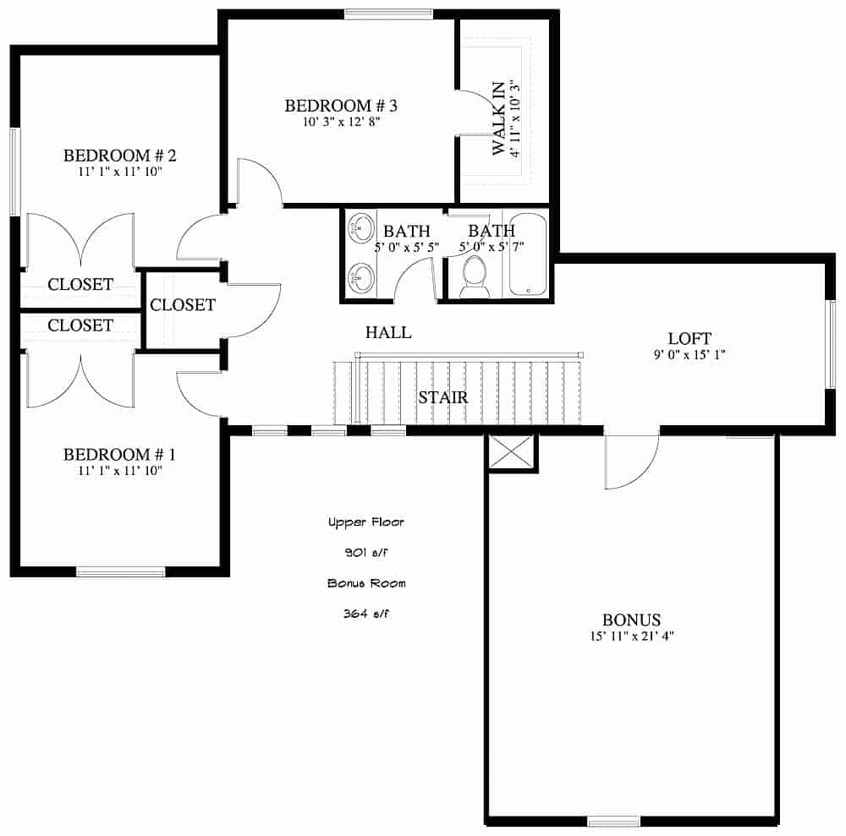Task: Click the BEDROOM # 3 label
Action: (x=341, y=106)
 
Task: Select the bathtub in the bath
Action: (x=529, y=254)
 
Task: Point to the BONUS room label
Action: (x=631, y=620)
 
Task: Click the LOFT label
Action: (x=689, y=337)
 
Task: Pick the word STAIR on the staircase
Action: (x=443, y=396)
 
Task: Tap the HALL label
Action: (x=388, y=332)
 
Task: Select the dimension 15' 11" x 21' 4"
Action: (x=631, y=636)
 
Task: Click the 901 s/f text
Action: (x=366, y=553)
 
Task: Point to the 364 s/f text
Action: (x=366, y=614)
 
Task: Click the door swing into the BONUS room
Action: (x=632, y=462)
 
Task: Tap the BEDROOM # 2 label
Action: (x=119, y=156)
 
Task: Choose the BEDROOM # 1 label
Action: (x=119, y=455)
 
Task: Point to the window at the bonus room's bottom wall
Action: (x=613, y=821)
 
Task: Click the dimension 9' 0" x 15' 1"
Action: (x=689, y=354)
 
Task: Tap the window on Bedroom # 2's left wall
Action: (x=14, y=172)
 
